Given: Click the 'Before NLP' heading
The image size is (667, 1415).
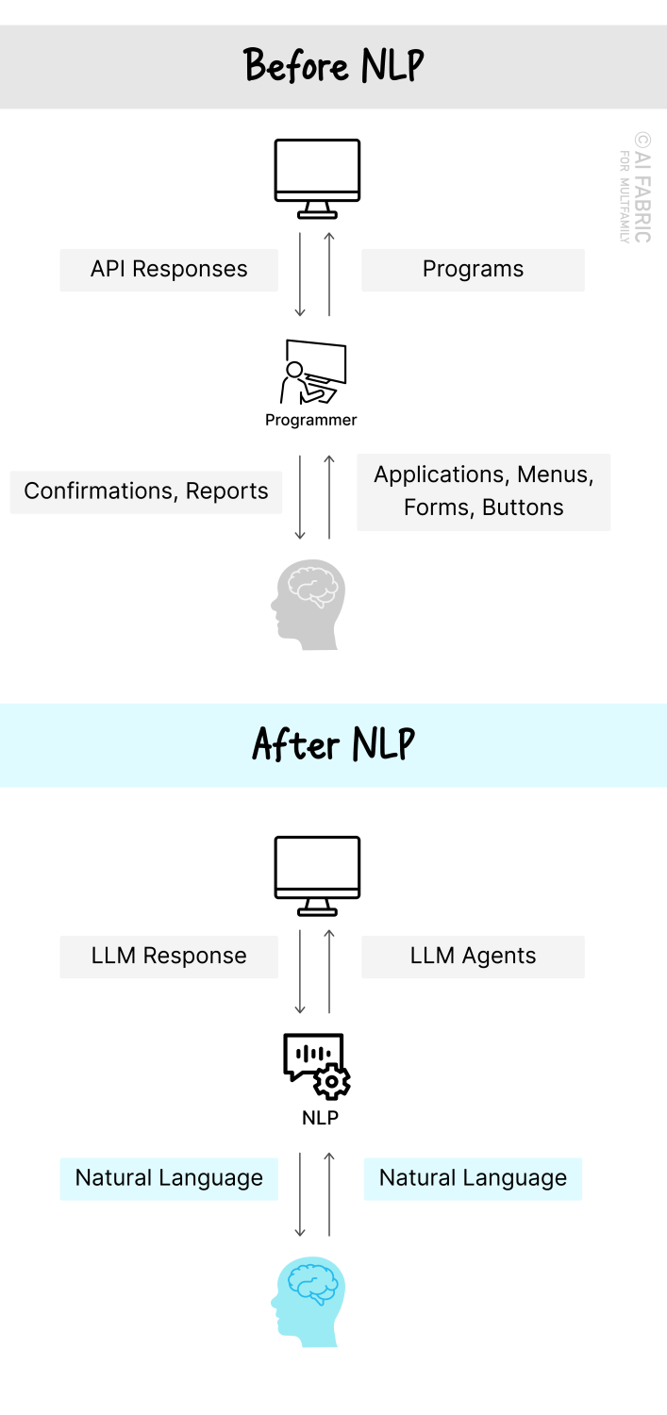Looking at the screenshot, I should (334, 66).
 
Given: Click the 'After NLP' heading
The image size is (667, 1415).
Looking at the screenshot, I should (334, 744).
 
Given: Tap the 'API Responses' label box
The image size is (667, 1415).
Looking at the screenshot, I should (169, 270).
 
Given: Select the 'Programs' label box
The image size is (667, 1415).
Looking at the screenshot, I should (473, 270).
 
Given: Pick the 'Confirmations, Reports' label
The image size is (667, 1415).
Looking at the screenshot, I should (146, 491).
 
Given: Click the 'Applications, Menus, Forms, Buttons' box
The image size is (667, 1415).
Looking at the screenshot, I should (483, 491).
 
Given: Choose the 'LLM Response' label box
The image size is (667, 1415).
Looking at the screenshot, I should (169, 957).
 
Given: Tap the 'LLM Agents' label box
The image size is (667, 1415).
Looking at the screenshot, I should (473, 957).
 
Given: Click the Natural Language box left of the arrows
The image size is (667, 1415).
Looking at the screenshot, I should (169, 1179).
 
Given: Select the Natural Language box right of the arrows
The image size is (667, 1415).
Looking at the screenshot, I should (473, 1179).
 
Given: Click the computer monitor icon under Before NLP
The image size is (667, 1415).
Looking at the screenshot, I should (317, 178).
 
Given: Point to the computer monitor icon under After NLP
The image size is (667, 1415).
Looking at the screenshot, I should (317, 875).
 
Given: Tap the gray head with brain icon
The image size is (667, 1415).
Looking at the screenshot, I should (308, 605).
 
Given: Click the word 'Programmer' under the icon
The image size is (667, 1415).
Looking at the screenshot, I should (311, 421).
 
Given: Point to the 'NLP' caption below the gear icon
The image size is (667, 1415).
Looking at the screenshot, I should (320, 1119).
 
